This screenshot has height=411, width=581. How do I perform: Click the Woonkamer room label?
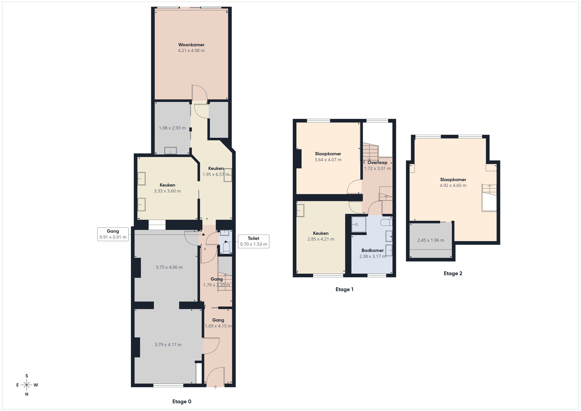(191, 45)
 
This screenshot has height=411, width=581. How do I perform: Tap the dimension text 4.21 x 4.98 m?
(191, 51)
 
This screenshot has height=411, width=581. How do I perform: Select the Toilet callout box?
(254, 241)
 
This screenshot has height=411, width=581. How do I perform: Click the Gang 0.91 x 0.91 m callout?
(113, 234)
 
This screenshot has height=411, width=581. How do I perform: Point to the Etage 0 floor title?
(182, 401)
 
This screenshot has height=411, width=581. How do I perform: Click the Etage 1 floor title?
(344, 289)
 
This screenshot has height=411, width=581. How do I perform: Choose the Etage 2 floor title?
(453, 273)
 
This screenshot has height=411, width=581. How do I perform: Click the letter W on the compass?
(36, 385)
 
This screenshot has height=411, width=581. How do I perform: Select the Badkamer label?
(373, 250)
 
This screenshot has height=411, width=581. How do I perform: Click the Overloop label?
(377, 163)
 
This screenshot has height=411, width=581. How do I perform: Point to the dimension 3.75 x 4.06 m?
(169, 267)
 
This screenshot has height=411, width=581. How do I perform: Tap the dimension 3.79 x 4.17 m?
(168, 345)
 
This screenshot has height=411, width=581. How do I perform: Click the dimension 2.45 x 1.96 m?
(431, 240)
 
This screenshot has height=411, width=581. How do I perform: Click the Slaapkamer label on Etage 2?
(453, 180)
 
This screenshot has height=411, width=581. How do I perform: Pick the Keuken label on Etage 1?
(321, 233)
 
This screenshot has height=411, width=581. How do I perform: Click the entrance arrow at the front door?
(216, 387)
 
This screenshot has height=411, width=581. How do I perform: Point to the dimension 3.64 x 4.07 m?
(328, 160)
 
